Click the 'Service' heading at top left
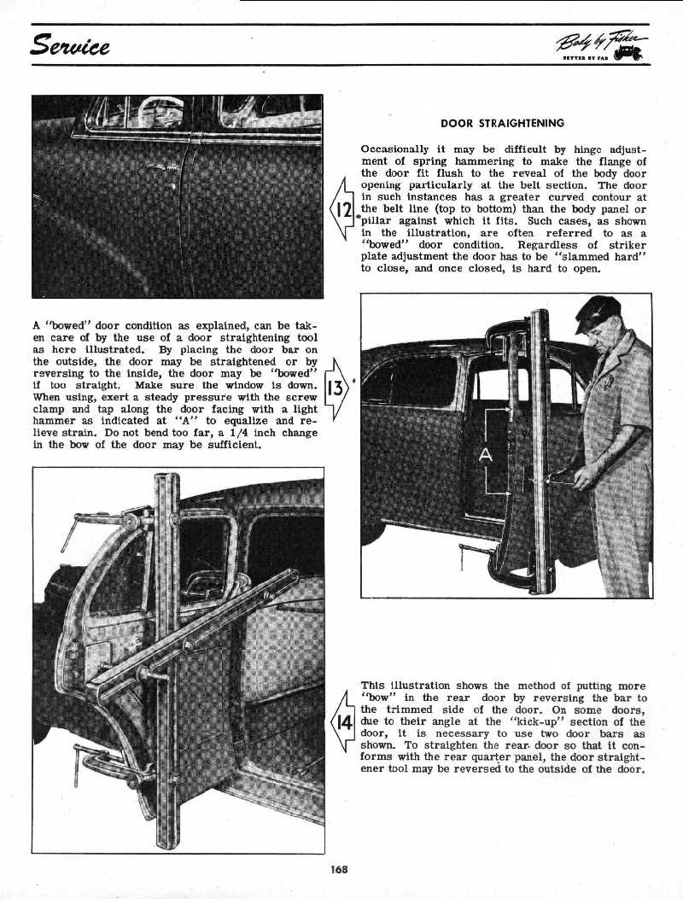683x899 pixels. click(73, 44)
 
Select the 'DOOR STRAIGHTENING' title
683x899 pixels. click(502, 123)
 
